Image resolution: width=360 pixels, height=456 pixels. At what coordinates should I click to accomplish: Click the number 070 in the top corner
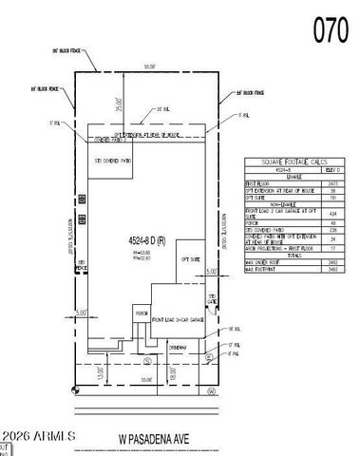click(x=332, y=31)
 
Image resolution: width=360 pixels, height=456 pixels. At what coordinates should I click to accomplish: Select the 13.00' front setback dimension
click(x=101, y=372)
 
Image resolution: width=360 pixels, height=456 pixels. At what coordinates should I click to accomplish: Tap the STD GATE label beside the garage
click(x=215, y=301)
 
